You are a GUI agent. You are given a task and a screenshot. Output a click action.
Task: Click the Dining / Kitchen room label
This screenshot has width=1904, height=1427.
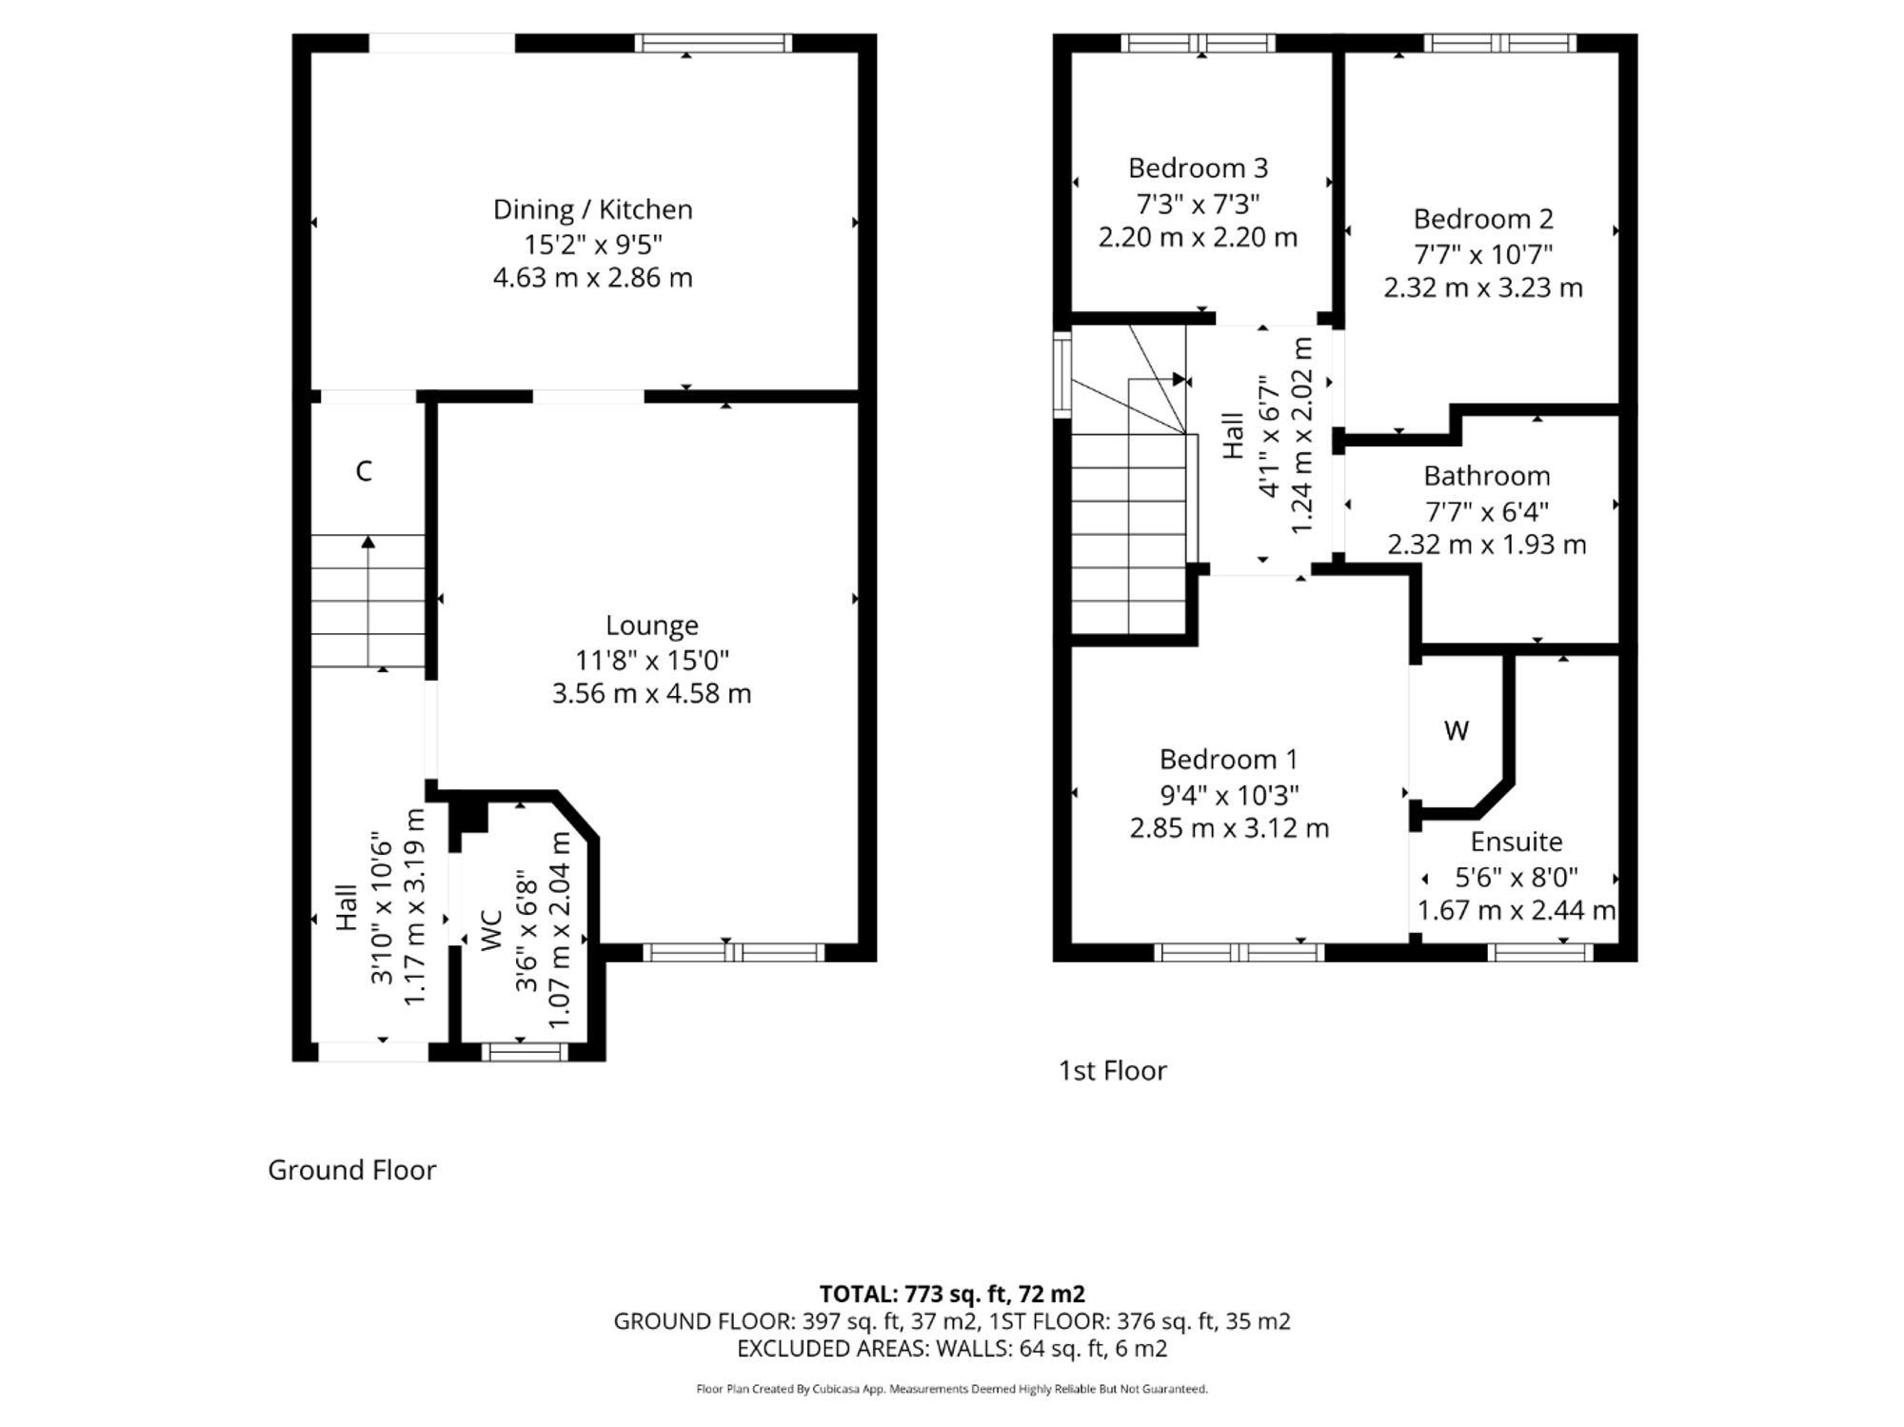(592, 210)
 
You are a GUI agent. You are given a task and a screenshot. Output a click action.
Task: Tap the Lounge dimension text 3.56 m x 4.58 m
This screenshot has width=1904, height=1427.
(651, 694)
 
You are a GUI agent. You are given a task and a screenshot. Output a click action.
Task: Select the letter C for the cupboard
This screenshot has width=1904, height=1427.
(364, 471)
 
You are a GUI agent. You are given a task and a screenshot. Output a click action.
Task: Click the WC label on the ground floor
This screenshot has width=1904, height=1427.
(491, 930)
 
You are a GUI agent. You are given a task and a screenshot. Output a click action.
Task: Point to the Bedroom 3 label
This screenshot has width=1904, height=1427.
(1198, 168)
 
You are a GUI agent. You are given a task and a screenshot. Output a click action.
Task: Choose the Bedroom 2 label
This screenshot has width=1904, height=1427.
(1482, 220)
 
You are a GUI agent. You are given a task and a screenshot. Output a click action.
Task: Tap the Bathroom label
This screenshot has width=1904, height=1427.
(1487, 476)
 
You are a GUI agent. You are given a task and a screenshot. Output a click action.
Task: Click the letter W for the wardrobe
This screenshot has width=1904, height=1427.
(1457, 731)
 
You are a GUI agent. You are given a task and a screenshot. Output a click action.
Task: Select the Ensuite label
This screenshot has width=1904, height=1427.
(1517, 842)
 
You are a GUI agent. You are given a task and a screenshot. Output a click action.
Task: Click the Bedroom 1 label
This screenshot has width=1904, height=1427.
(1228, 760)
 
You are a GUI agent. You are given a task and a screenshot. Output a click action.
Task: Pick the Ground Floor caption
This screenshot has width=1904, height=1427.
(352, 1170)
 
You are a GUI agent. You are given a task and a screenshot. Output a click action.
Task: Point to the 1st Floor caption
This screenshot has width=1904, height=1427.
(1112, 1071)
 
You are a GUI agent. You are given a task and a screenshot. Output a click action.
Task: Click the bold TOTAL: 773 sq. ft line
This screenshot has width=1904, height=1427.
(952, 1294)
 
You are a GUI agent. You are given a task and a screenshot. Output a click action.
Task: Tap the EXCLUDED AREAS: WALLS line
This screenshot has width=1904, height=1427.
(952, 1349)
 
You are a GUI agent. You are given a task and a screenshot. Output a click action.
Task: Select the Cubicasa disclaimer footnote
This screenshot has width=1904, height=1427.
(952, 1389)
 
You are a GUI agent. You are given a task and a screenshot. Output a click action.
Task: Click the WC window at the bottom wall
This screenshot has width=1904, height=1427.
(525, 1052)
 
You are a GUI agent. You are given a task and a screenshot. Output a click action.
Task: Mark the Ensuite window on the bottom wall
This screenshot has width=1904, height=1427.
(1539, 952)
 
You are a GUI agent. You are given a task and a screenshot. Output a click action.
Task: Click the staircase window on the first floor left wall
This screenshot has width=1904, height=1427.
(1061, 374)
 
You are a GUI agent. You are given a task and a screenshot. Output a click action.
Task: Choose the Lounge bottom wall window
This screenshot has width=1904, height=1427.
(734, 952)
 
